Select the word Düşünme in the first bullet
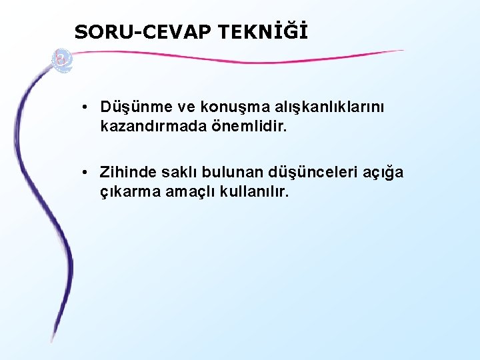click(133, 107)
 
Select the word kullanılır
click(254, 191)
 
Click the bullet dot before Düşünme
click(87, 107)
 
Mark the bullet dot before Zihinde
click(87, 173)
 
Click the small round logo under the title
click(63, 59)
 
